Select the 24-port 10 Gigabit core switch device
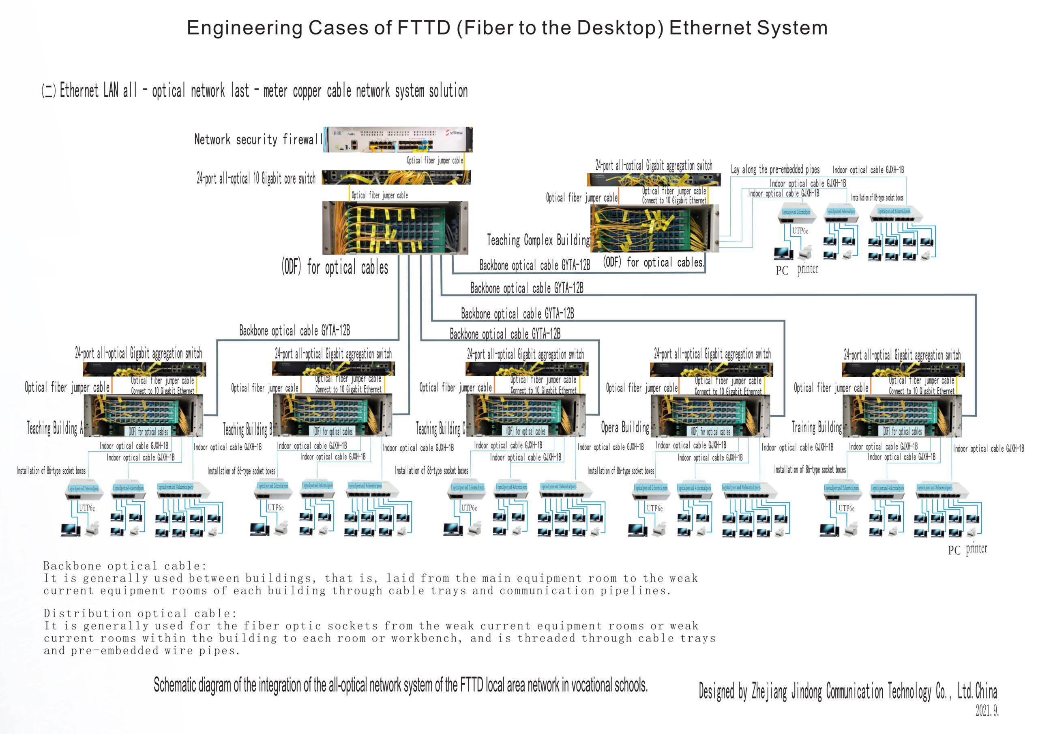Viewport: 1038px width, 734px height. click(x=396, y=177)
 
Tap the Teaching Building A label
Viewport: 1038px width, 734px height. click(x=55, y=427)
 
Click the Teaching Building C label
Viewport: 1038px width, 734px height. click(x=440, y=428)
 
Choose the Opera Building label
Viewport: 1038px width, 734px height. click(x=625, y=427)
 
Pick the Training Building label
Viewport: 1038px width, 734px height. click(x=817, y=427)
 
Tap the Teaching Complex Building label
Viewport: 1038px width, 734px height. click(x=538, y=240)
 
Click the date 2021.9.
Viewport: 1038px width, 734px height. click(x=987, y=711)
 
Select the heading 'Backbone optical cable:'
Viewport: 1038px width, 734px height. click(x=125, y=566)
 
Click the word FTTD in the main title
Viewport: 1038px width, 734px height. click(x=424, y=28)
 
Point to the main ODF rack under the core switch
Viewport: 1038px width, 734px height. click(x=395, y=228)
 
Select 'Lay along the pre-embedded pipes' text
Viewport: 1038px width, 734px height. click(x=775, y=170)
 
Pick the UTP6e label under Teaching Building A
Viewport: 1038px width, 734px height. click(x=87, y=508)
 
